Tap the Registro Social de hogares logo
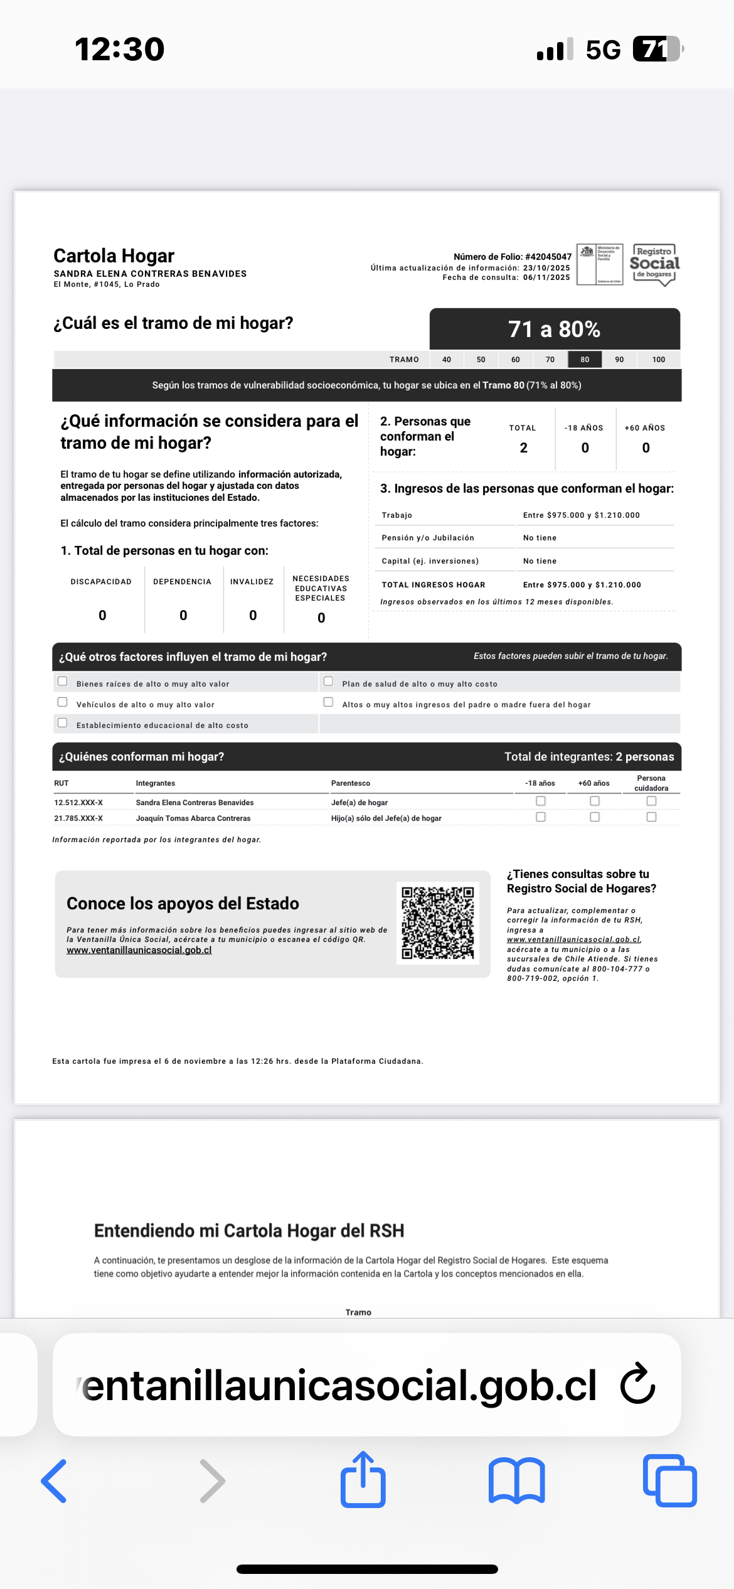click(x=655, y=264)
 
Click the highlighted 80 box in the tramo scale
click(x=585, y=360)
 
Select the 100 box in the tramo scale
click(x=658, y=360)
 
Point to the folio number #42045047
click(x=548, y=257)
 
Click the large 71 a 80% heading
click(x=554, y=329)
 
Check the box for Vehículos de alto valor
click(x=63, y=702)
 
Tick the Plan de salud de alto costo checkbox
click(x=328, y=682)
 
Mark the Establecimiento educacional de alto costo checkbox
click(x=63, y=723)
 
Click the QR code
click(x=438, y=923)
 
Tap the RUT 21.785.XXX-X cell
click(x=78, y=818)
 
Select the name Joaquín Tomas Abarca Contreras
click(x=193, y=818)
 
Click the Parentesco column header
click(x=351, y=783)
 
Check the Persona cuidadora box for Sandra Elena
click(x=651, y=801)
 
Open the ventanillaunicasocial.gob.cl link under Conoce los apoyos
click(x=139, y=950)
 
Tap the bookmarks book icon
click(x=516, y=1481)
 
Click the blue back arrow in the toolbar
click(x=54, y=1481)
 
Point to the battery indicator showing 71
click(x=657, y=49)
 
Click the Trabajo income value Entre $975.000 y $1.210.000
click(x=582, y=515)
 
